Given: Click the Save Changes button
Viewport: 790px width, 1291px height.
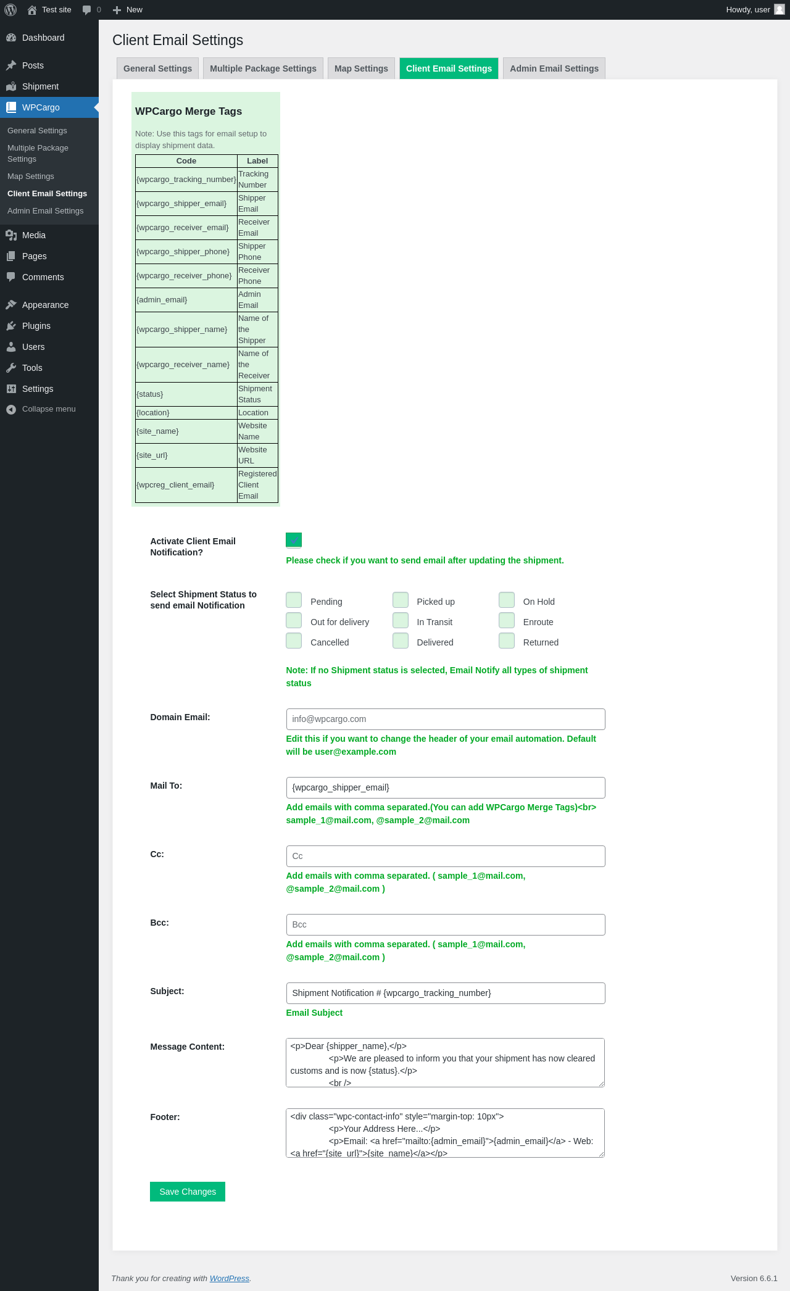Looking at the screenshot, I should click(x=188, y=1192).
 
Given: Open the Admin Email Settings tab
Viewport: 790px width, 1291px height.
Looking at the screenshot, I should click(x=554, y=68).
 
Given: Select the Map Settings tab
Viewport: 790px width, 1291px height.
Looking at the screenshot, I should click(x=361, y=68).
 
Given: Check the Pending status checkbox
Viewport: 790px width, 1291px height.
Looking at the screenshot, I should click(x=294, y=600).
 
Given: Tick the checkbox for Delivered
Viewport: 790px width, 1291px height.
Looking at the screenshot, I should click(x=401, y=641).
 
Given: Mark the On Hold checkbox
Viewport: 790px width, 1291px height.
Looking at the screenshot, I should click(x=507, y=600).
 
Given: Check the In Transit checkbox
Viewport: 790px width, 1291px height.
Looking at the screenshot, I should click(x=401, y=621).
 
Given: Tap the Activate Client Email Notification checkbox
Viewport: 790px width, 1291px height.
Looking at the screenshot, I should click(x=294, y=541).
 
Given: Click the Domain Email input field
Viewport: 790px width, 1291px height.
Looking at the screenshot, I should click(x=445, y=719).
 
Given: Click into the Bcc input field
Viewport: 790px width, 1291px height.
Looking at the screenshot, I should click(x=445, y=924).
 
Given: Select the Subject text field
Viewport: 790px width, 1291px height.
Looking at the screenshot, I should click(x=445, y=993).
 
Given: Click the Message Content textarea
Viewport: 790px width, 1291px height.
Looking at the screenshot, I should click(x=445, y=1063).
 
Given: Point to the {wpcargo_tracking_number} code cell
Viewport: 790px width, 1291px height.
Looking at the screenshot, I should click(x=186, y=180).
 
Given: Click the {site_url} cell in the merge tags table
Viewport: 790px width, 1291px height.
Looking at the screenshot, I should click(x=186, y=455).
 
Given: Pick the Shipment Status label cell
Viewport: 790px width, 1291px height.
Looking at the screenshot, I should click(x=257, y=394).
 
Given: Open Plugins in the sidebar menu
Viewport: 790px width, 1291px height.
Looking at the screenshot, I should click(x=36, y=326).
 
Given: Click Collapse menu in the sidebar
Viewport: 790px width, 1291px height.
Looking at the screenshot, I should click(x=49, y=409).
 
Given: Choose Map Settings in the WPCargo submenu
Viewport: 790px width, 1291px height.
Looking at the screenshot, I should click(x=31, y=176).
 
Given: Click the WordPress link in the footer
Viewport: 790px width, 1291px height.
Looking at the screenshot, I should click(x=229, y=1278).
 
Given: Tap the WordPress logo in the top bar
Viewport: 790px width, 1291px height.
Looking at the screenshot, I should click(x=10, y=10).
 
